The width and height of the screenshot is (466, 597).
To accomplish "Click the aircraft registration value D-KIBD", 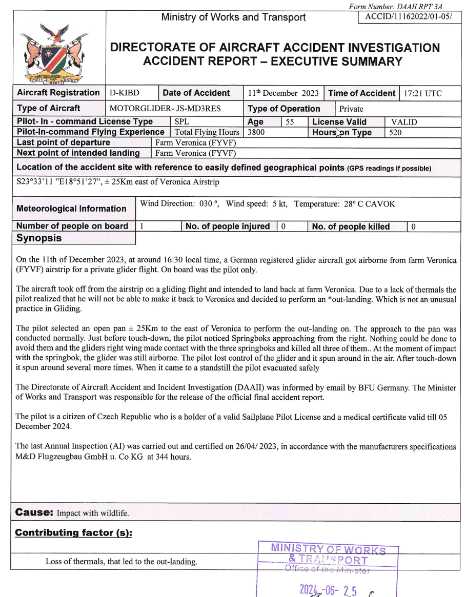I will coord(125,93).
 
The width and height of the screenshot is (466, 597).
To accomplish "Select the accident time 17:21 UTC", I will coord(422,93).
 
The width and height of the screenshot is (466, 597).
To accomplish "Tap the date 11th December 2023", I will coord(283,93).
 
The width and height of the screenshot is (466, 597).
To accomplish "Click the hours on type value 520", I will coord(395,132).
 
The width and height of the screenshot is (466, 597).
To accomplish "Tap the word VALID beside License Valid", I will coord(404,122).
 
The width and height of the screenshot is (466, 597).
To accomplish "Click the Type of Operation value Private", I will coord(351,109).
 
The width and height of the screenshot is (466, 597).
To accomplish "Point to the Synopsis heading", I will coord(39,238).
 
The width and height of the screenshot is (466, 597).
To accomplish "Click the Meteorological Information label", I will coord(71,209).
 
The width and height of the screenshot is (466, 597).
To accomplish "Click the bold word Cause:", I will coord(34,512).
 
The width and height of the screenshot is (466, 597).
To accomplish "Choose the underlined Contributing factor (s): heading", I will coord(74,533).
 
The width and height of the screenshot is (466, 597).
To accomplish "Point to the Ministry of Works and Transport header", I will coord(233,17).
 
